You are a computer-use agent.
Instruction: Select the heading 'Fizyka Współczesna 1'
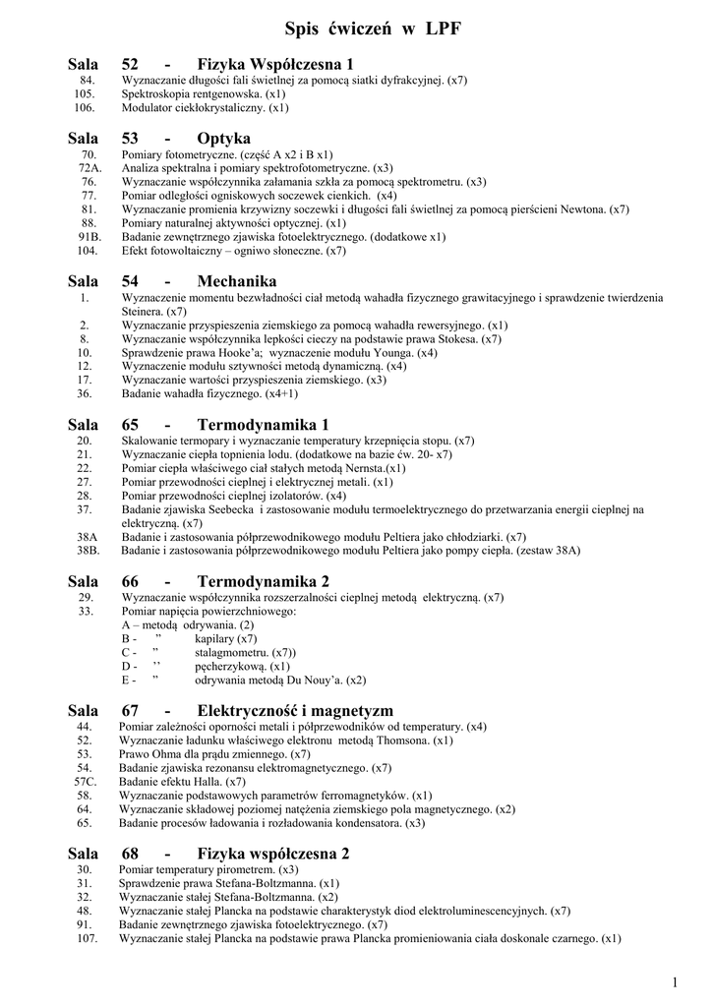pos(275,64)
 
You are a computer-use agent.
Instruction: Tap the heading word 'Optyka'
pos(224,137)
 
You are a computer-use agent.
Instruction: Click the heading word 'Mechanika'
pos(237,281)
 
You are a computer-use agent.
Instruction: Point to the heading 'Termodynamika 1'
pos(264,425)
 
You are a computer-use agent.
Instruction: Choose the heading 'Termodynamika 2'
pos(264,581)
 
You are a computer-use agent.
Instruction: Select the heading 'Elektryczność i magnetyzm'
pos(295,710)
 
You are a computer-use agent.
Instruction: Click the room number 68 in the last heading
pos(130,854)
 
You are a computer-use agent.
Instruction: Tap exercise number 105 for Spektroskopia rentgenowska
pos(85,93)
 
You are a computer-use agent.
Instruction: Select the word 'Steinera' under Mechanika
pos(142,311)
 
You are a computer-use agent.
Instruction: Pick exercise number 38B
pos(88,551)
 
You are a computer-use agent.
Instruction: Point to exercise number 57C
pos(86,781)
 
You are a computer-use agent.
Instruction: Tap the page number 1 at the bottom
pos(676,981)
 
